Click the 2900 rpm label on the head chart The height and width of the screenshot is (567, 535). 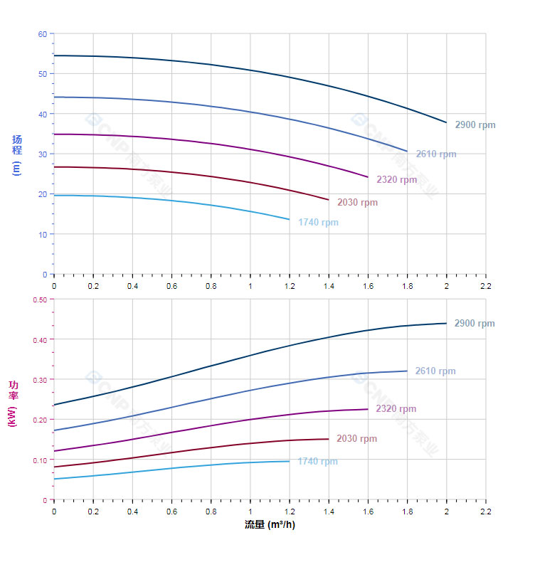475,125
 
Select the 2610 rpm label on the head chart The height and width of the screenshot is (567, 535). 436,154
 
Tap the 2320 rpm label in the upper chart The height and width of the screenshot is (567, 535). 397,180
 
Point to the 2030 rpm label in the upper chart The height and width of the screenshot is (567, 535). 358,203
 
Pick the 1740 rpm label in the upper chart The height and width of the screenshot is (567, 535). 319,223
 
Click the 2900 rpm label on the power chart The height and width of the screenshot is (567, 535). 475,324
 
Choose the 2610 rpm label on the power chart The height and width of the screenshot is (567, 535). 435,371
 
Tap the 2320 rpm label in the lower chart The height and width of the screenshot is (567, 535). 396,409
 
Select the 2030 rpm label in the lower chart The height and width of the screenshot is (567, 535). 357,439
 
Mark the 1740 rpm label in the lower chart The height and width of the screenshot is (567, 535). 318,462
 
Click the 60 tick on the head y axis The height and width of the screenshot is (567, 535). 42,34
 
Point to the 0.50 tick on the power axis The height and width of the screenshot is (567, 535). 40,300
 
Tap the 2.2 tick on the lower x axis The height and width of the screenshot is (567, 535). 485,512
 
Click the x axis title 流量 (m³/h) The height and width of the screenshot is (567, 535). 270,525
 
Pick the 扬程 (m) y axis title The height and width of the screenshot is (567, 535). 17,154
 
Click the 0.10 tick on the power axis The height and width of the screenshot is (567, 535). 40,460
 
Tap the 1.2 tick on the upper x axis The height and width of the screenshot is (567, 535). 290,285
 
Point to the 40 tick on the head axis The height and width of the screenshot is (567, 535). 42,114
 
